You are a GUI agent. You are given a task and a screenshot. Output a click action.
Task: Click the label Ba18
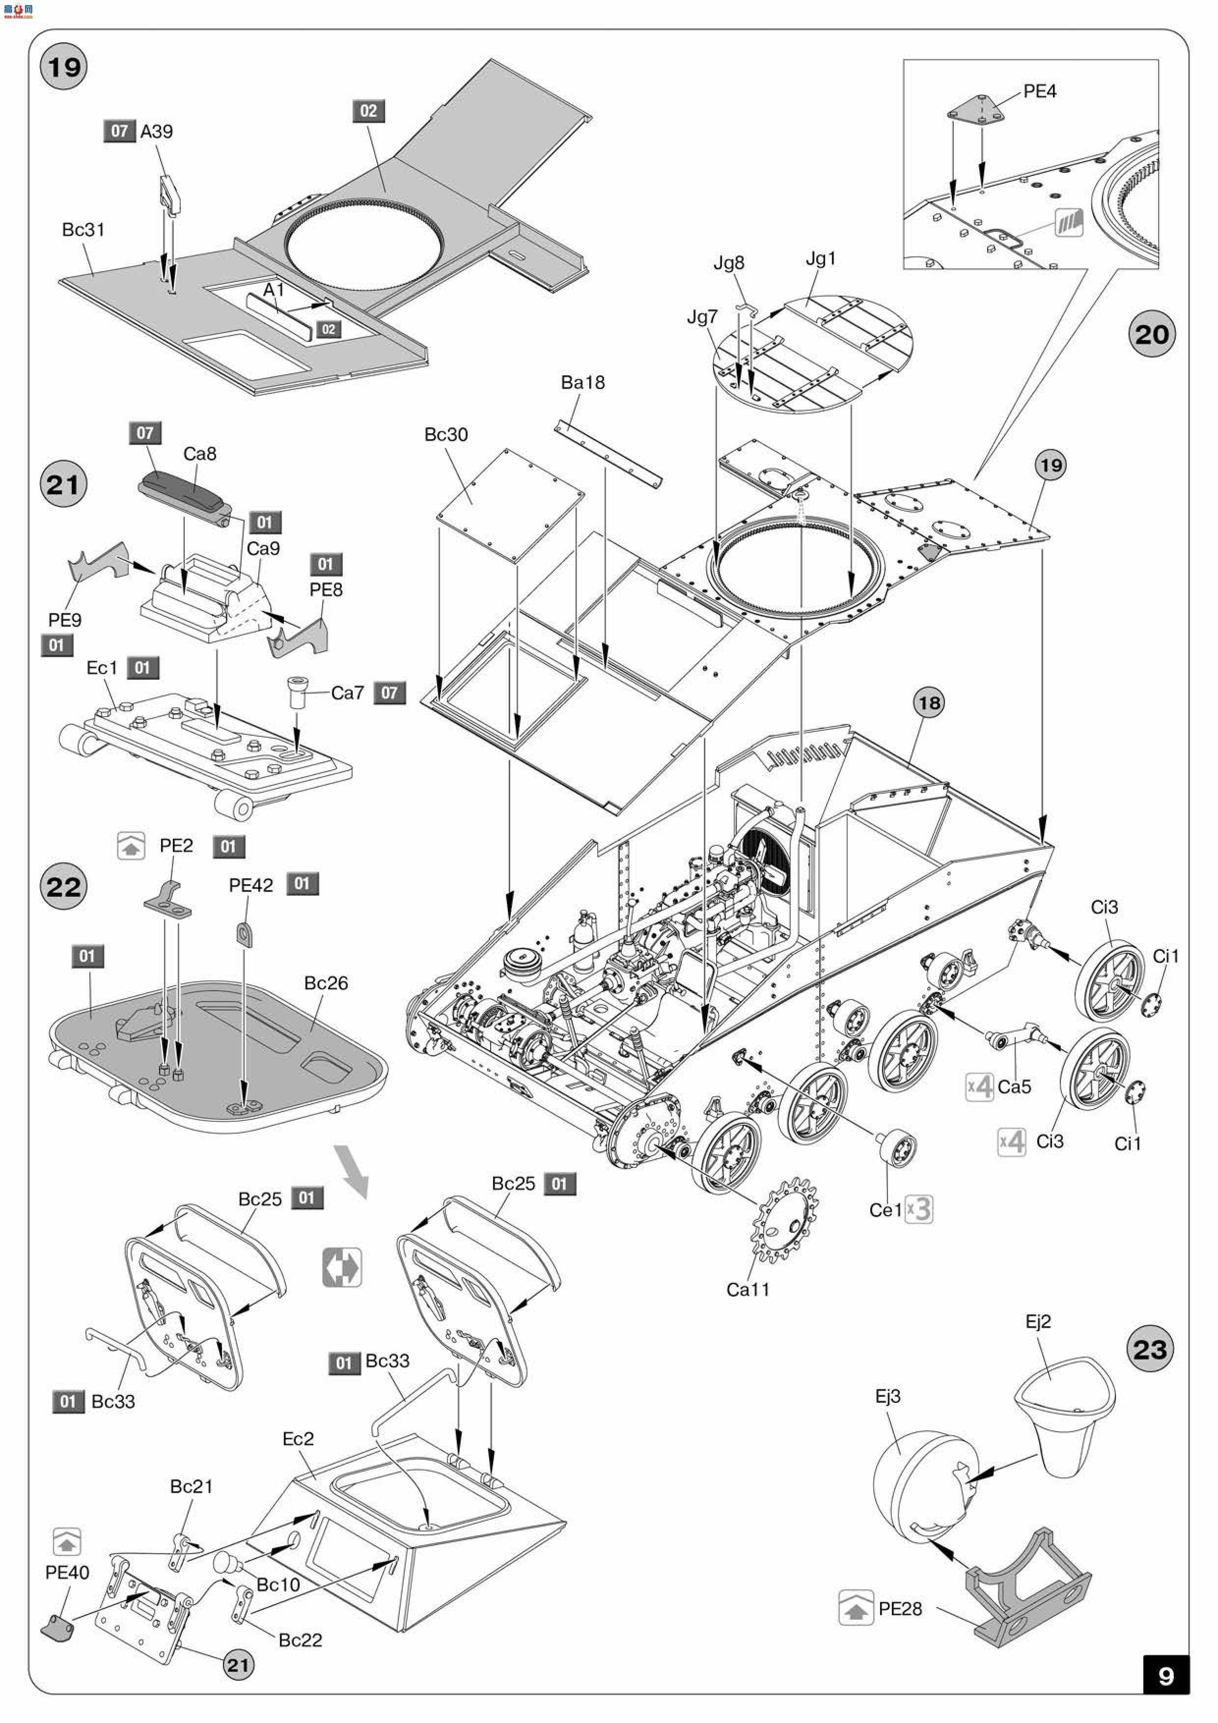[x=582, y=382]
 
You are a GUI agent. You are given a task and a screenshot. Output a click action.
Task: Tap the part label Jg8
[x=729, y=263]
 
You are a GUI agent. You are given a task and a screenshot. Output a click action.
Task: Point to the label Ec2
[x=298, y=1439]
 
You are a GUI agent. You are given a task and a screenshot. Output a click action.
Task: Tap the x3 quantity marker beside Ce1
[x=918, y=1210]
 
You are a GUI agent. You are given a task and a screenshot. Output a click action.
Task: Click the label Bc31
[x=83, y=230]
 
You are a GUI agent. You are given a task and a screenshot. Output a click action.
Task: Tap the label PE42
[x=250, y=886]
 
